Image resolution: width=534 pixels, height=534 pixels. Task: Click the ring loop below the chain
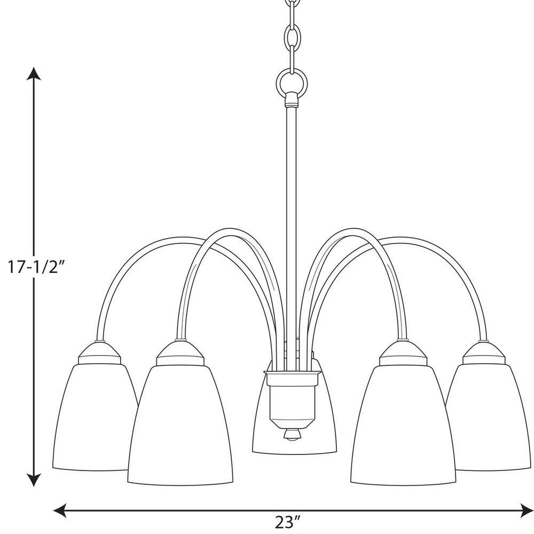click(292, 82)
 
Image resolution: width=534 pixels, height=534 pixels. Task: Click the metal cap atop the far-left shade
click(100, 354)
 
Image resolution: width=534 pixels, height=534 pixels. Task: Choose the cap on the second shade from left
click(180, 354)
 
